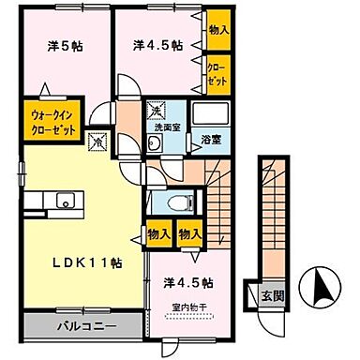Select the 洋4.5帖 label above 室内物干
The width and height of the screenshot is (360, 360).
[187, 282]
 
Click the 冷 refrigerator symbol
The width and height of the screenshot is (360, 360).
[96, 142]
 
